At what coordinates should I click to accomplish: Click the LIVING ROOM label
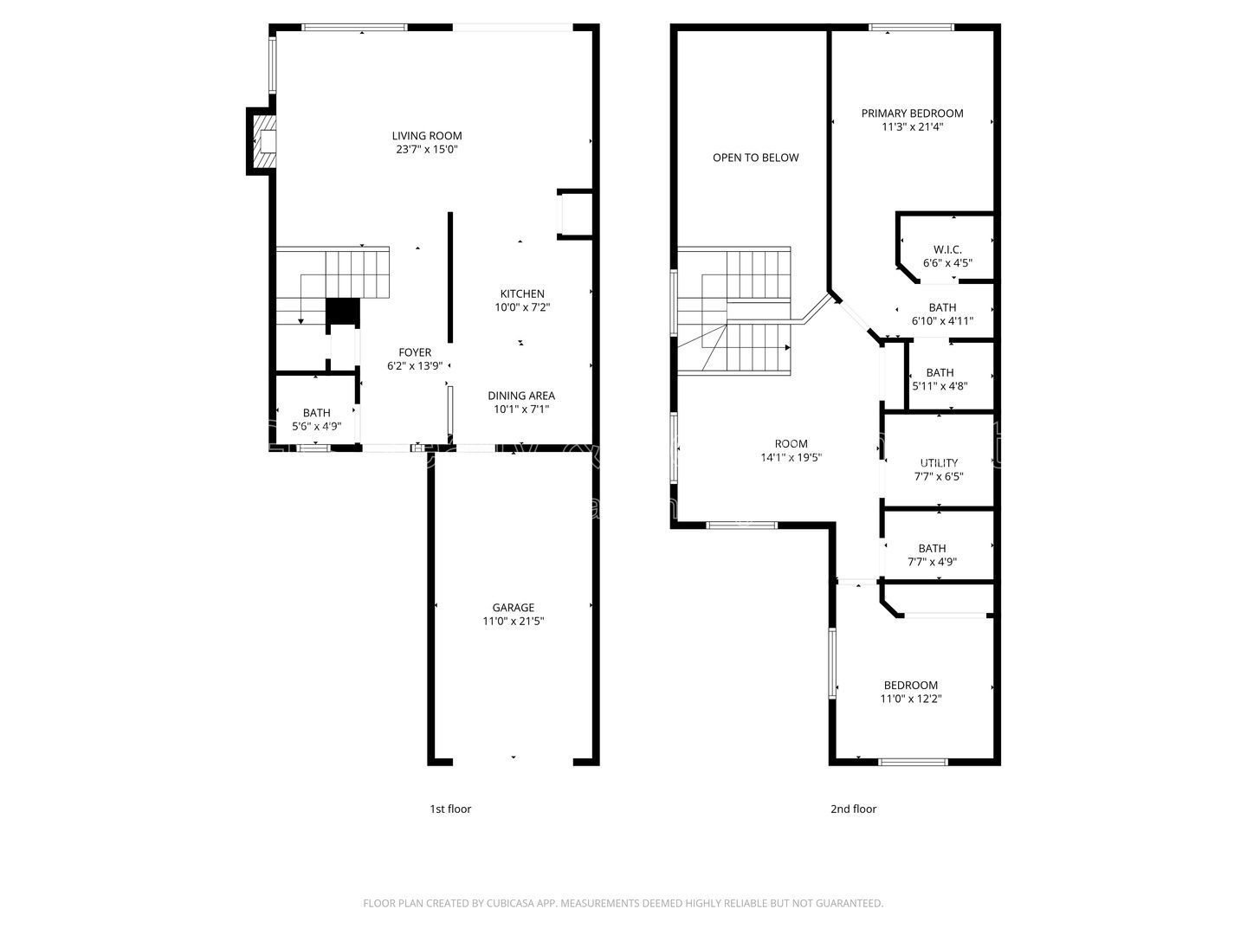point(427,136)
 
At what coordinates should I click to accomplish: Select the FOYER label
point(415,352)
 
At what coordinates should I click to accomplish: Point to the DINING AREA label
point(521,397)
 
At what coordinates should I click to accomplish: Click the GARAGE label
point(514,608)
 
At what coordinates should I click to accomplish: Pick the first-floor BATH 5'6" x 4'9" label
point(317,413)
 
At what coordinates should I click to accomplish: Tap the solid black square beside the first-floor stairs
point(342,312)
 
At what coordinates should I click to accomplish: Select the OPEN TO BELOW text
point(756,158)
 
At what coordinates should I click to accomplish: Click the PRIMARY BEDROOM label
point(912,113)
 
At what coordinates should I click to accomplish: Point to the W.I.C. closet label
point(947,249)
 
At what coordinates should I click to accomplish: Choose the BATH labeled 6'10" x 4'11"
point(942,307)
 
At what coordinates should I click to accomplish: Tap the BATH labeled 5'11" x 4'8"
point(940,373)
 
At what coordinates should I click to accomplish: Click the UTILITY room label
point(939,463)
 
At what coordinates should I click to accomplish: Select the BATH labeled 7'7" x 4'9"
point(932,548)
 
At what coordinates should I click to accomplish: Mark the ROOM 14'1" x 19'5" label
point(791,444)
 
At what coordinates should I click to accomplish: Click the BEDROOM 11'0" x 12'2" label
point(910,685)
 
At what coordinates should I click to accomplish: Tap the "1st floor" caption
point(450,809)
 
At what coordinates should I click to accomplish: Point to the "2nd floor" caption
point(853,809)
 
